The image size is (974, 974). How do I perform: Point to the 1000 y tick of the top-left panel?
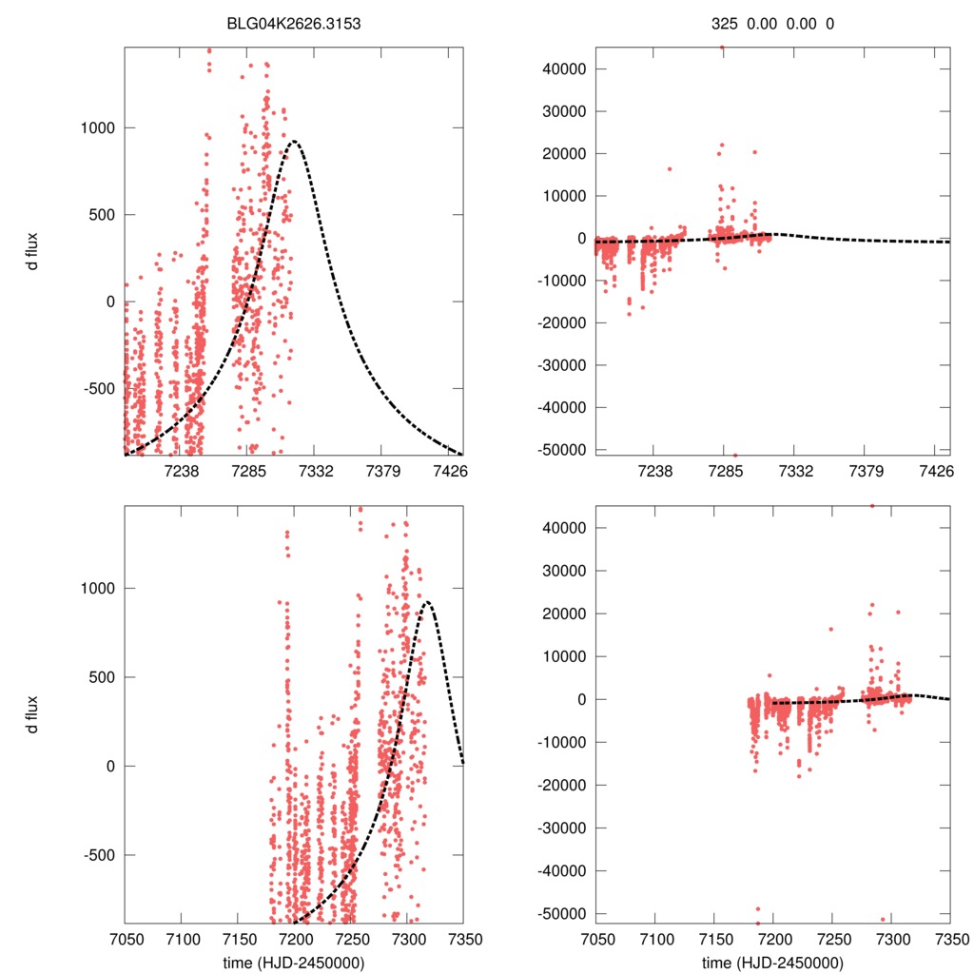coord(99,127)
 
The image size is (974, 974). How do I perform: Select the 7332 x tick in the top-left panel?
coord(315,472)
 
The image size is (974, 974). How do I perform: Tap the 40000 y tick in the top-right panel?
coord(560,68)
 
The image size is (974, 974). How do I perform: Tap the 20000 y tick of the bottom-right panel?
coord(560,614)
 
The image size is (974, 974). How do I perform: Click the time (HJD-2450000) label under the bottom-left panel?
coord(294,963)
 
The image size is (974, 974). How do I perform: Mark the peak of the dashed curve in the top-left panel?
coord(294,142)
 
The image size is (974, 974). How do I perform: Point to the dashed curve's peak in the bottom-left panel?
coord(427,602)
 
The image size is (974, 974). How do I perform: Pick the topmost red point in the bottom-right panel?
coord(872,505)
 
